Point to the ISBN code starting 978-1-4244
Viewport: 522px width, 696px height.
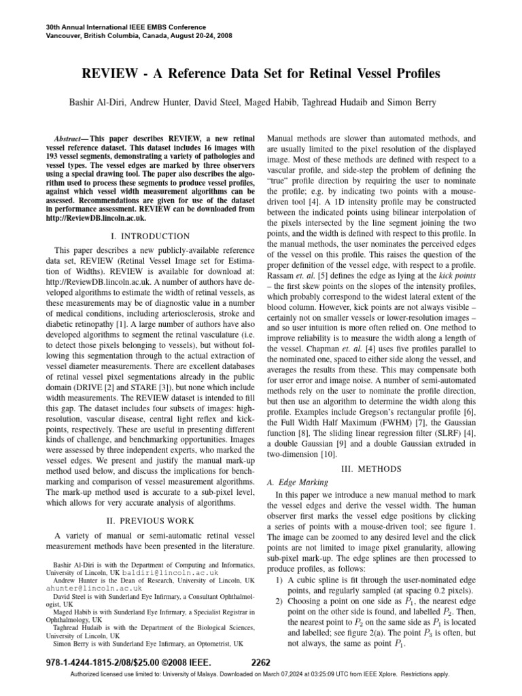[x=75, y=663]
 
